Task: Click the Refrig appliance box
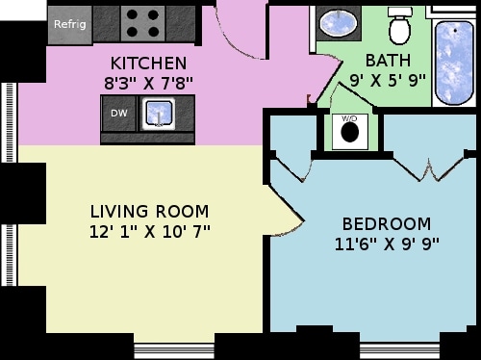click(69, 24)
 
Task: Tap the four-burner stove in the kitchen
click(145, 22)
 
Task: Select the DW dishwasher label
click(118, 114)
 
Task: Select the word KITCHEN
click(149, 64)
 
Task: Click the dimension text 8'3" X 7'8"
click(149, 82)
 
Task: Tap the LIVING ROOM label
click(149, 211)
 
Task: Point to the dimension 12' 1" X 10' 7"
click(149, 231)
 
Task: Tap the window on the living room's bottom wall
click(174, 345)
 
